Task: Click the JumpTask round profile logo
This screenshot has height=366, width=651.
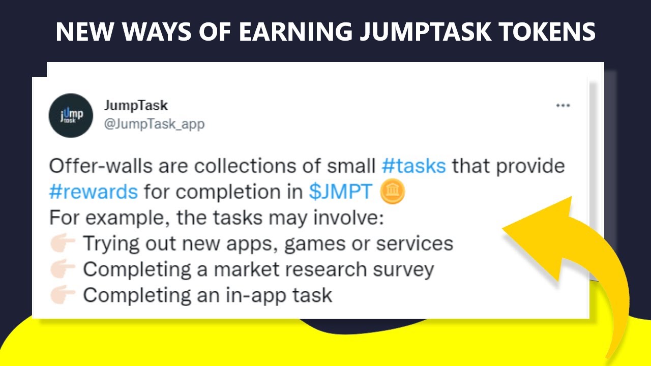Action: pos(71,115)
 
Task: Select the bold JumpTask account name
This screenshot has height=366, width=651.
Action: pos(136,105)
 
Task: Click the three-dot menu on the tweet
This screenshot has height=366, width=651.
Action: pos(563,106)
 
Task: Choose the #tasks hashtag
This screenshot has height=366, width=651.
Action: pos(413,166)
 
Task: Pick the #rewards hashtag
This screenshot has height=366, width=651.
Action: pos(94,192)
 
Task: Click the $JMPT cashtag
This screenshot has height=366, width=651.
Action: pos(341,192)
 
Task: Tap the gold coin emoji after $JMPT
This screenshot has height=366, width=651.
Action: pos(392,192)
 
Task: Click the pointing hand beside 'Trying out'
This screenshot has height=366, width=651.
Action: pos(63,243)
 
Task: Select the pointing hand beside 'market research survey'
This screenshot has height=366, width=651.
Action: pos(63,269)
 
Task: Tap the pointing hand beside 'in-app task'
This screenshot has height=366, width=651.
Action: pos(63,295)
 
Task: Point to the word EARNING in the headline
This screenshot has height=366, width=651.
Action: pos(295,32)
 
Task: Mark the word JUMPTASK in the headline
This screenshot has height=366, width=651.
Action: pos(425,32)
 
